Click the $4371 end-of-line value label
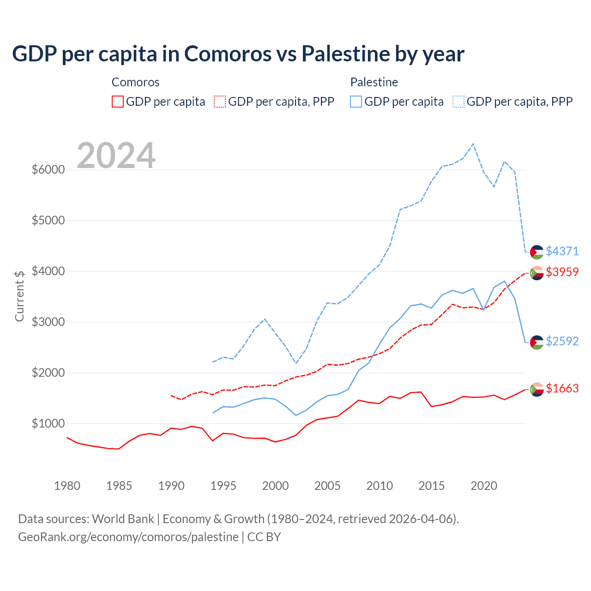[562, 251]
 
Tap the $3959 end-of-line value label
[562, 272]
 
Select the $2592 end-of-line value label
[562, 341]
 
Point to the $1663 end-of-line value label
[562, 389]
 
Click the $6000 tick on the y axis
[48, 169]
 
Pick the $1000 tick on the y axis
[48, 423]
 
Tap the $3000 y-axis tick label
[48, 322]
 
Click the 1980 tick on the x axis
[67, 486]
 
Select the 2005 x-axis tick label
[327, 486]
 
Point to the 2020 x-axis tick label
[483, 486]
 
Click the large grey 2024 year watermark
[116, 156]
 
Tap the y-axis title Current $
[19, 296]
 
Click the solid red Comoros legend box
[118, 102]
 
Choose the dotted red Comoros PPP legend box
[220, 102]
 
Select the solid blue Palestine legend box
[356, 102]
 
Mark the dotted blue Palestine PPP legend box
[458, 102]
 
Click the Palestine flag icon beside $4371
[537, 252]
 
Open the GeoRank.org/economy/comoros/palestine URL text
[128, 537]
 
